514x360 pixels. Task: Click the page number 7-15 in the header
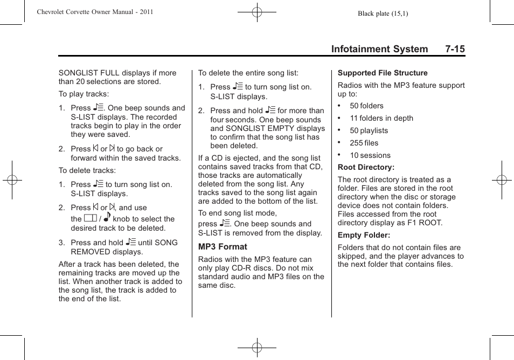coord(455,49)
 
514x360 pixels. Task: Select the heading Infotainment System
coord(379,49)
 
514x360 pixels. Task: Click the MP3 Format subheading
coord(223,247)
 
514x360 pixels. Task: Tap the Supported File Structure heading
coord(383,73)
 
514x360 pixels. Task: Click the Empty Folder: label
coord(364,236)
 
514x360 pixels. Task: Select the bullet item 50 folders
coord(366,106)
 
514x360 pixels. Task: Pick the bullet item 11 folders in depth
coord(381,119)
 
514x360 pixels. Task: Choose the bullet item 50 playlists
coord(369,131)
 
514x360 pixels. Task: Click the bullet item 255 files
coord(364,143)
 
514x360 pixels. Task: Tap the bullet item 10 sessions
coord(370,156)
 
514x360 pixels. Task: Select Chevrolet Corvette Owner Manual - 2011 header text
coord(95,12)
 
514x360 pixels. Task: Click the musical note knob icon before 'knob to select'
coord(107,218)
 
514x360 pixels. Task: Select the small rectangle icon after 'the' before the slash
coord(91,219)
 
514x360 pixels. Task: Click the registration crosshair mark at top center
coord(257,11)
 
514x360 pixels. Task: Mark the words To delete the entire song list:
coord(248,73)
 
